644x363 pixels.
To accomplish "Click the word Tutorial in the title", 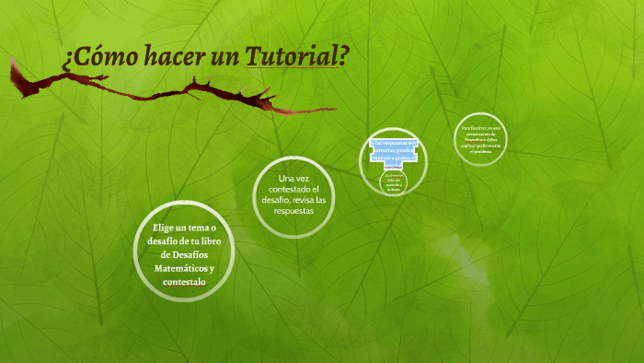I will (x=296, y=56).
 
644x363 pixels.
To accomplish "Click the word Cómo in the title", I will (x=98, y=56).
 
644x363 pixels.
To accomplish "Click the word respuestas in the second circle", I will (x=294, y=211).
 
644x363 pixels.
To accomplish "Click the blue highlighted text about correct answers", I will (x=393, y=154).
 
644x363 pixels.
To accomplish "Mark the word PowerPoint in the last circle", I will (x=476, y=139).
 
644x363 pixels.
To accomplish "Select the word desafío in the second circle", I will (x=274, y=200).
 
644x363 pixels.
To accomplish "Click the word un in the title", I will (x=221, y=56).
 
